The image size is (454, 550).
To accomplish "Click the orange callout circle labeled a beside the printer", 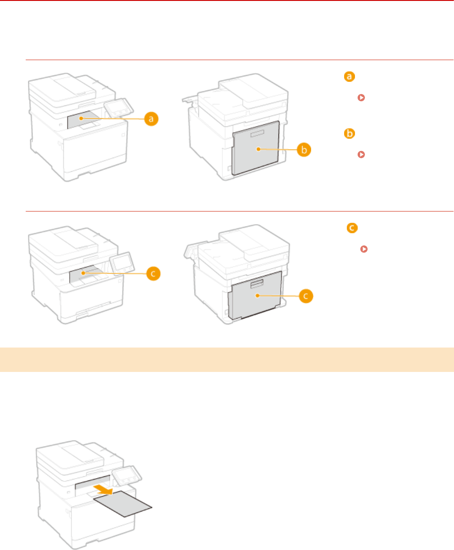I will tap(152, 119).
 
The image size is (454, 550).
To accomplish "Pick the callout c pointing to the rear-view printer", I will tap(305, 296).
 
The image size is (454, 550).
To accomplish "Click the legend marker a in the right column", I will tap(349, 77).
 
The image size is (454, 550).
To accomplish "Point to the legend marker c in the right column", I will tap(351, 229).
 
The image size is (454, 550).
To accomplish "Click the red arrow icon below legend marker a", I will tap(361, 98).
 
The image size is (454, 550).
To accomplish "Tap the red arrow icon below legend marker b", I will tap(361, 155).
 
